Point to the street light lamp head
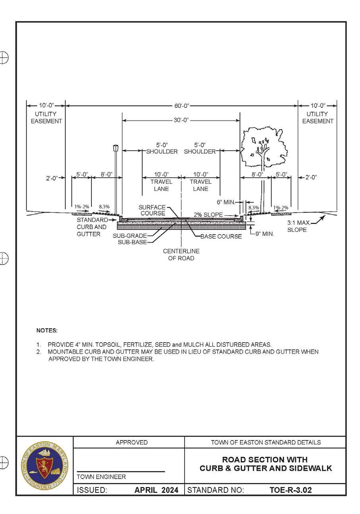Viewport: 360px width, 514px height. [116, 148]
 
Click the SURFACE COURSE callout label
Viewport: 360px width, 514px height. [152, 210]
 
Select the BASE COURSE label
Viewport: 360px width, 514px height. [221, 237]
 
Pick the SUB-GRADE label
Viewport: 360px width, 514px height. [130, 236]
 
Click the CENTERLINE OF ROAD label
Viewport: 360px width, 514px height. [181, 255]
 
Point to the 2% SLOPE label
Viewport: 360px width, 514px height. [208, 215]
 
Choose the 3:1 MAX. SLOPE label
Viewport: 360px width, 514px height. [298, 227]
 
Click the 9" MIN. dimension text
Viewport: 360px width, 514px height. [264, 234]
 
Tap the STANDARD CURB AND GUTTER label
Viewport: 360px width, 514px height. [91, 227]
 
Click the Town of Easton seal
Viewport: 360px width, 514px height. [45, 466]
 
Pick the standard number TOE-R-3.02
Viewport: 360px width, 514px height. [290, 490]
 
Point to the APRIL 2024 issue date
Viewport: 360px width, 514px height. [156, 490]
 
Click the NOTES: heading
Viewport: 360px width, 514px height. [47, 330]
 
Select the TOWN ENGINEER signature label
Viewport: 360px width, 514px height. [101, 477]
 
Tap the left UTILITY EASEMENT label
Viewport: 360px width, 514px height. [46, 118]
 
